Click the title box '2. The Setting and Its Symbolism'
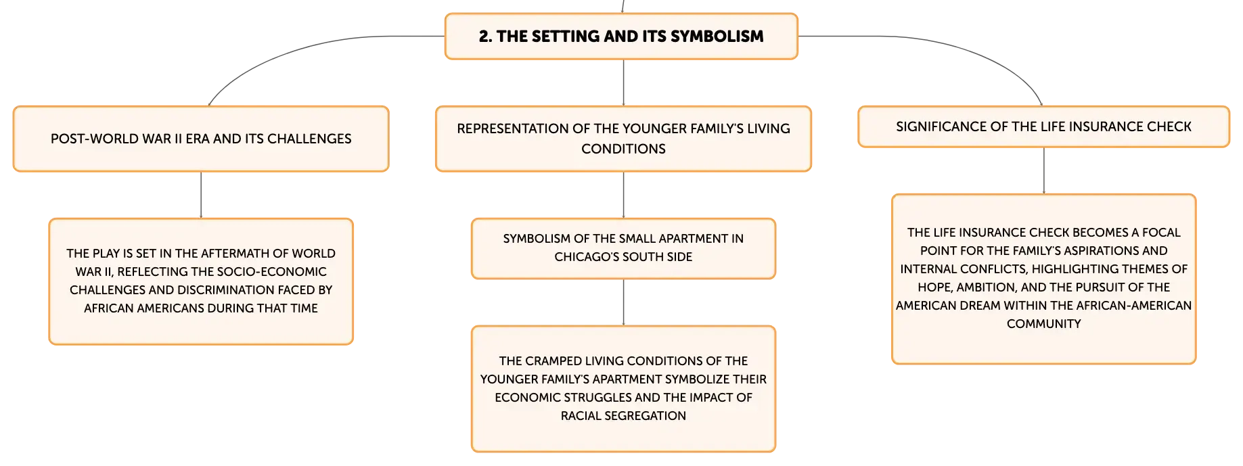tap(621, 37)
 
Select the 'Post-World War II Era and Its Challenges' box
tap(201, 139)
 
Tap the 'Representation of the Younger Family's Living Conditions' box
tap(623, 139)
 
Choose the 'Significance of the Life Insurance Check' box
tap(1043, 126)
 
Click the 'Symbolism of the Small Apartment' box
tap(623, 248)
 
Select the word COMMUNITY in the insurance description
tap(1043, 324)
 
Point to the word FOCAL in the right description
tap(1162, 233)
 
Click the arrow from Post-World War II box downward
tap(201, 195)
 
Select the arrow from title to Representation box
tap(623, 83)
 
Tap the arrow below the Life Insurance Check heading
tap(1044, 170)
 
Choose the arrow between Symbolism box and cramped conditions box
tap(623, 302)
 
